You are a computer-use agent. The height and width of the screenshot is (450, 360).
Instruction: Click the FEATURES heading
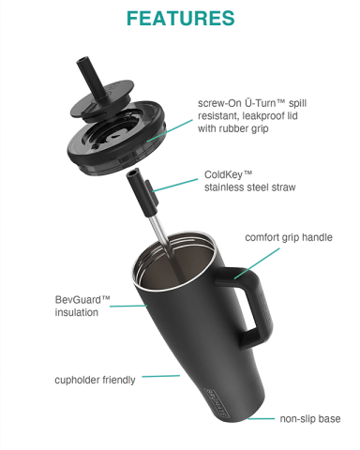tap(180, 18)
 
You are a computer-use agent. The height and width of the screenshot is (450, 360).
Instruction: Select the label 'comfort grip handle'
tap(289, 237)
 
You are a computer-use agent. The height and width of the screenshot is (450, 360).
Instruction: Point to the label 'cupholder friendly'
tap(95, 380)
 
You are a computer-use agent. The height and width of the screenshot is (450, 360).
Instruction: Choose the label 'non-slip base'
tap(310, 418)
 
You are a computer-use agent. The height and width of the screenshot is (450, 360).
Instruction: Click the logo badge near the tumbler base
tap(217, 403)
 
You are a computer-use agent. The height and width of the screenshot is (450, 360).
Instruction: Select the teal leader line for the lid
tap(170, 130)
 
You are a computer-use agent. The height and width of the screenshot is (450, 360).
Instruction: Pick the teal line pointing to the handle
tap(257, 263)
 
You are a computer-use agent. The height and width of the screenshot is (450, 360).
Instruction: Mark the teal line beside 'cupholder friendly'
tap(161, 376)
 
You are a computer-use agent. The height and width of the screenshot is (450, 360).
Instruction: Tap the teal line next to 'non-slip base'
tap(262, 418)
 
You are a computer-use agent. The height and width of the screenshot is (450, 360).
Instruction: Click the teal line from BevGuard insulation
tap(128, 306)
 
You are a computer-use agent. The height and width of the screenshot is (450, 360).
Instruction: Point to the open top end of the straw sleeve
tap(133, 172)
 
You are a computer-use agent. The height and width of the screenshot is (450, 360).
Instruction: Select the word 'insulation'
tap(77, 312)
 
